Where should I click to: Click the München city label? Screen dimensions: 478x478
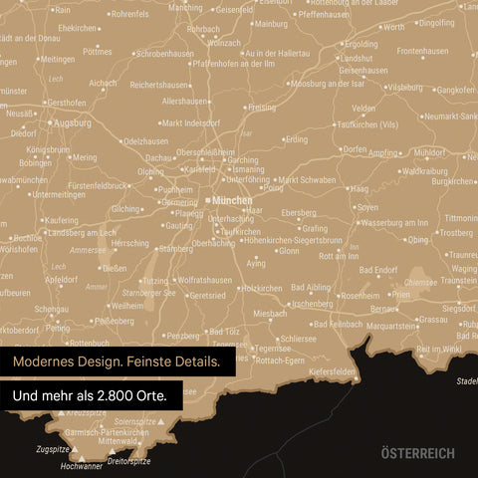coord(233,200)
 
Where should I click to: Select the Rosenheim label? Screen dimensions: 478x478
coord(360,296)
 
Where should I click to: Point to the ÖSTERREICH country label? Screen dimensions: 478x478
coord(417,453)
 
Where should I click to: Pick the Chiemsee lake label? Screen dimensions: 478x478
coord(420,282)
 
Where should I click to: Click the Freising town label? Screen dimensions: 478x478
coord(262,107)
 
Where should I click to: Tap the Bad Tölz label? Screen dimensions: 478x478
coord(224,332)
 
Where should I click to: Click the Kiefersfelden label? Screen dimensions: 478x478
coord(333,371)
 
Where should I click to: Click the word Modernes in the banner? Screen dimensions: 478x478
coord(48,360)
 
